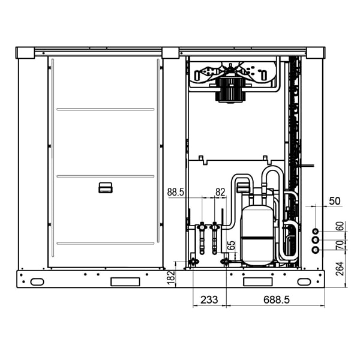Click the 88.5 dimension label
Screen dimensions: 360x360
point(176,192)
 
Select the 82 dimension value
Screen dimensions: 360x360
point(220,192)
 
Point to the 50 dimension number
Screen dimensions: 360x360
point(335,201)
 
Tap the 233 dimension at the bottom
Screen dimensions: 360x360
point(209,299)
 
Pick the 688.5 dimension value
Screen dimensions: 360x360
point(277,299)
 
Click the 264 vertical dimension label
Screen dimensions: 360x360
point(340,269)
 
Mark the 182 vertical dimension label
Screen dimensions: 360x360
point(171,277)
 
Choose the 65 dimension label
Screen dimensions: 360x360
point(232,245)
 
